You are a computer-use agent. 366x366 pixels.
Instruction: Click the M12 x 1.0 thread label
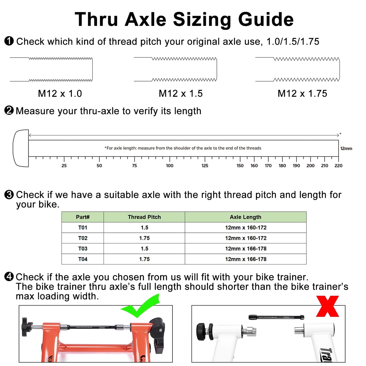[x=60, y=93]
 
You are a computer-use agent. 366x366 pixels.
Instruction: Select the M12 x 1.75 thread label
[x=302, y=93]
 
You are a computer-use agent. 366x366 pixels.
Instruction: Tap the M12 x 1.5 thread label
[x=181, y=93]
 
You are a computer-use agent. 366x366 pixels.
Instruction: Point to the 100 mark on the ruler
[x=169, y=166]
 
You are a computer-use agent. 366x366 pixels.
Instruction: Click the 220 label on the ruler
[x=338, y=166]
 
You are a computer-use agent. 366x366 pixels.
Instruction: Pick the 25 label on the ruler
[x=64, y=166]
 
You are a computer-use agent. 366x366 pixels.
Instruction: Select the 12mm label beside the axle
[x=346, y=148]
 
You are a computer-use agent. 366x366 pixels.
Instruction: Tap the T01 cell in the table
[x=83, y=227]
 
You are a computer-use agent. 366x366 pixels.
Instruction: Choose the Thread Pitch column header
[x=144, y=217]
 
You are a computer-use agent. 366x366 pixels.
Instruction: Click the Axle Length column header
[x=245, y=217]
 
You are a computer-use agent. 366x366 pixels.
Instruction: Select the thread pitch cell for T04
[x=144, y=259]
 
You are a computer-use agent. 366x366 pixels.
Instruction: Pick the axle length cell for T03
[x=245, y=248]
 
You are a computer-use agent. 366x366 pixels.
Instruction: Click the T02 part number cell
[x=83, y=238]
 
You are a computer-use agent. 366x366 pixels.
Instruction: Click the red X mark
[x=328, y=306]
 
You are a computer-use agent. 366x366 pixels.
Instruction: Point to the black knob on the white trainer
[x=201, y=331]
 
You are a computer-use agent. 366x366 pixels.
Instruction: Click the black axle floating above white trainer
[x=276, y=317]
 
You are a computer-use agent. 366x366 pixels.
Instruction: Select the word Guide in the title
[x=266, y=19]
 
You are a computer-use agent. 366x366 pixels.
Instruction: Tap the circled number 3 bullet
[x=9, y=195]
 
